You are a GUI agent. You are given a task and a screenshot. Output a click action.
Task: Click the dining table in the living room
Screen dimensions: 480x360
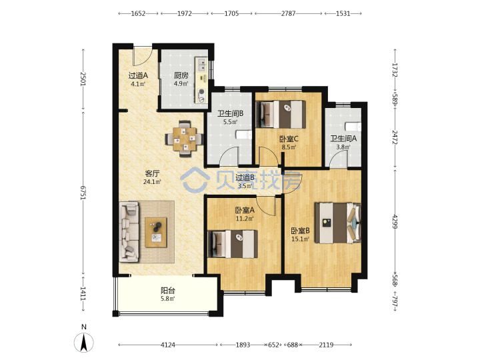pyautogui.click(x=185, y=139)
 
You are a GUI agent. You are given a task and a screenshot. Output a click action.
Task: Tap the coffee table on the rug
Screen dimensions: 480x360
pyautogui.click(x=156, y=233)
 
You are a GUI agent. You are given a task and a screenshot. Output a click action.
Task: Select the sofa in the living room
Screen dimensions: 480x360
pyautogui.click(x=129, y=232)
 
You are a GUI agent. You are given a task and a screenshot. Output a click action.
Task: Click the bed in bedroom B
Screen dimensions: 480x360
pyautogui.click(x=338, y=223)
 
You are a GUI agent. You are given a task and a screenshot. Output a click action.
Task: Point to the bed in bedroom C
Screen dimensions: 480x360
pyautogui.click(x=281, y=115)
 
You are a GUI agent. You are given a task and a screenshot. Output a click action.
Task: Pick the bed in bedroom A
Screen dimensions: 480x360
pyautogui.click(x=233, y=244)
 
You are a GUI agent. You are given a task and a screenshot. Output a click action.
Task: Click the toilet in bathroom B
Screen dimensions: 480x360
pyautogui.click(x=244, y=135)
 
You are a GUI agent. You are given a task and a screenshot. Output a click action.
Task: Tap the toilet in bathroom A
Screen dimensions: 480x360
pyautogui.click(x=353, y=127)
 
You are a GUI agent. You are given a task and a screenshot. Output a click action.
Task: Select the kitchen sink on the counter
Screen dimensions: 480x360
pyautogui.click(x=203, y=65)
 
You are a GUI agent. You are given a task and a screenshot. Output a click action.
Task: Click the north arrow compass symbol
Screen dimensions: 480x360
pyautogui.click(x=83, y=342)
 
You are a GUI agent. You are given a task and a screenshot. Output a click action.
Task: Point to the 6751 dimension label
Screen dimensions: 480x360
pyautogui.click(x=83, y=193)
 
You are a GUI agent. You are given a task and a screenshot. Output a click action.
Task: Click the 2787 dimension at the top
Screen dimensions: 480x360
pyautogui.click(x=289, y=13)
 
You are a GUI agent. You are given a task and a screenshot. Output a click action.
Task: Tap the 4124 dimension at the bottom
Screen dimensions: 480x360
pyautogui.click(x=168, y=345)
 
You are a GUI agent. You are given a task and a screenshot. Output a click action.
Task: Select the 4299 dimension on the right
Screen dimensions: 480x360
pyautogui.click(x=395, y=221)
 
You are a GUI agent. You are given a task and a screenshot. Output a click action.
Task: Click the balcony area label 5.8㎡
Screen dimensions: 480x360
pyautogui.click(x=168, y=299)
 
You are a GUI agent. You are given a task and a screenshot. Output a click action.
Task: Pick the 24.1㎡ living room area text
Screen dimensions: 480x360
pyautogui.click(x=152, y=181)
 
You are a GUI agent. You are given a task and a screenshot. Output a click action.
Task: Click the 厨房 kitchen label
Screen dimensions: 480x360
pyautogui.click(x=181, y=75)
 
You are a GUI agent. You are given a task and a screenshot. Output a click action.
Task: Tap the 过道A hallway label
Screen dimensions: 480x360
pyautogui.click(x=138, y=75)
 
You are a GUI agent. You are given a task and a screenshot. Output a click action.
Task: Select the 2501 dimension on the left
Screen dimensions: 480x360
pyautogui.click(x=83, y=79)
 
